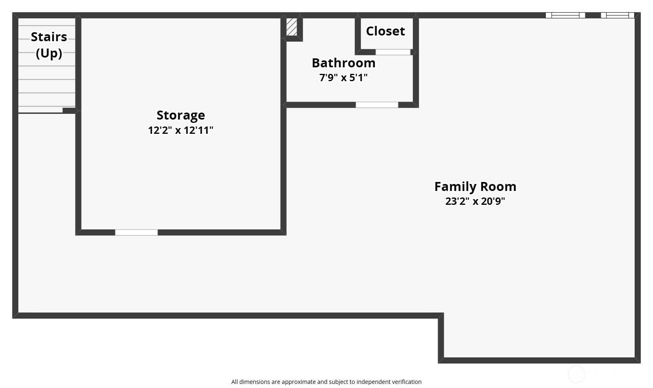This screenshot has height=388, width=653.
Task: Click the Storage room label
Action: (x=181, y=115)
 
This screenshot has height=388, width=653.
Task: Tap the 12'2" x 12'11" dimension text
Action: (x=181, y=131)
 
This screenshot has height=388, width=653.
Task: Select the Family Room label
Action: (x=475, y=187)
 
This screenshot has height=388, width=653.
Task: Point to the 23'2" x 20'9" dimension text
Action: (x=475, y=201)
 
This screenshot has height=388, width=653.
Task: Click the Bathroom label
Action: (x=343, y=63)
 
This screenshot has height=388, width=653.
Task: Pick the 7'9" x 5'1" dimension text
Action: (x=343, y=78)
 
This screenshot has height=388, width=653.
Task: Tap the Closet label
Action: (x=385, y=31)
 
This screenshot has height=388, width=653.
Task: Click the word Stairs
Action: (x=49, y=37)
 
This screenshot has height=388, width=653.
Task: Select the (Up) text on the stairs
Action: (x=49, y=53)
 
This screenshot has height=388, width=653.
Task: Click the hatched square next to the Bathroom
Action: (x=292, y=27)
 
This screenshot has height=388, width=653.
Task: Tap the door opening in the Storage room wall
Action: (x=136, y=233)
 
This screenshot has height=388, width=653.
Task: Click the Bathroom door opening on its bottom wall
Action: (x=377, y=105)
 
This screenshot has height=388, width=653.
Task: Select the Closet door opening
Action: (x=393, y=52)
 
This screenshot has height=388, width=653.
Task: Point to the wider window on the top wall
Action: (x=565, y=16)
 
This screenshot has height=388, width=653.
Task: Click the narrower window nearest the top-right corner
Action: (x=618, y=16)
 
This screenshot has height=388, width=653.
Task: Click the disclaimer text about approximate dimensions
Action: (x=326, y=382)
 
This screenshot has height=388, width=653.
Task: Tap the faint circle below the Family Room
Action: (x=577, y=374)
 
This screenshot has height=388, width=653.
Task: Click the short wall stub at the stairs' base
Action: (x=69, y=111)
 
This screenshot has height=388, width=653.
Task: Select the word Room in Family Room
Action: (x=498, y=187)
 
